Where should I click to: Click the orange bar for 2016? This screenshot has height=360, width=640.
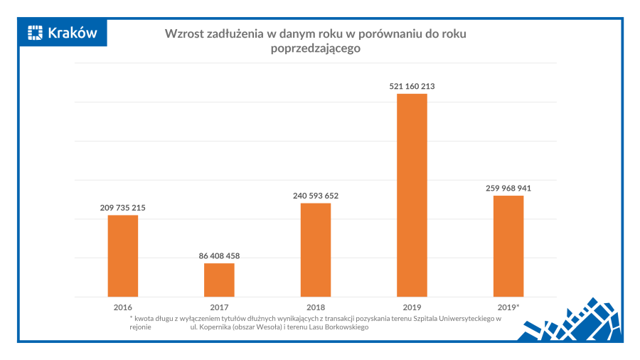point(123,255)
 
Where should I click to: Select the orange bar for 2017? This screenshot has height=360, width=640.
point(219,280)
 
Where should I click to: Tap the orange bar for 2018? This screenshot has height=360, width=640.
point(316,250)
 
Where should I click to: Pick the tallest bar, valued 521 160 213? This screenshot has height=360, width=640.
point(412,195)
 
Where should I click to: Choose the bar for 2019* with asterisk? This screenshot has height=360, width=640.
point(508,246)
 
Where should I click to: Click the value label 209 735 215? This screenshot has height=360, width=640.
point(123,208)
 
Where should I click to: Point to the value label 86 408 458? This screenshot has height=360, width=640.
point(219,256)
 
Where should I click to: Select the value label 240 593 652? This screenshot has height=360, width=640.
point(316,196)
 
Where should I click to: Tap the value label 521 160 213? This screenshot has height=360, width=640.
point(412,86)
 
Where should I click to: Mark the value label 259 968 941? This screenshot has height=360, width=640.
point(508,189)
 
